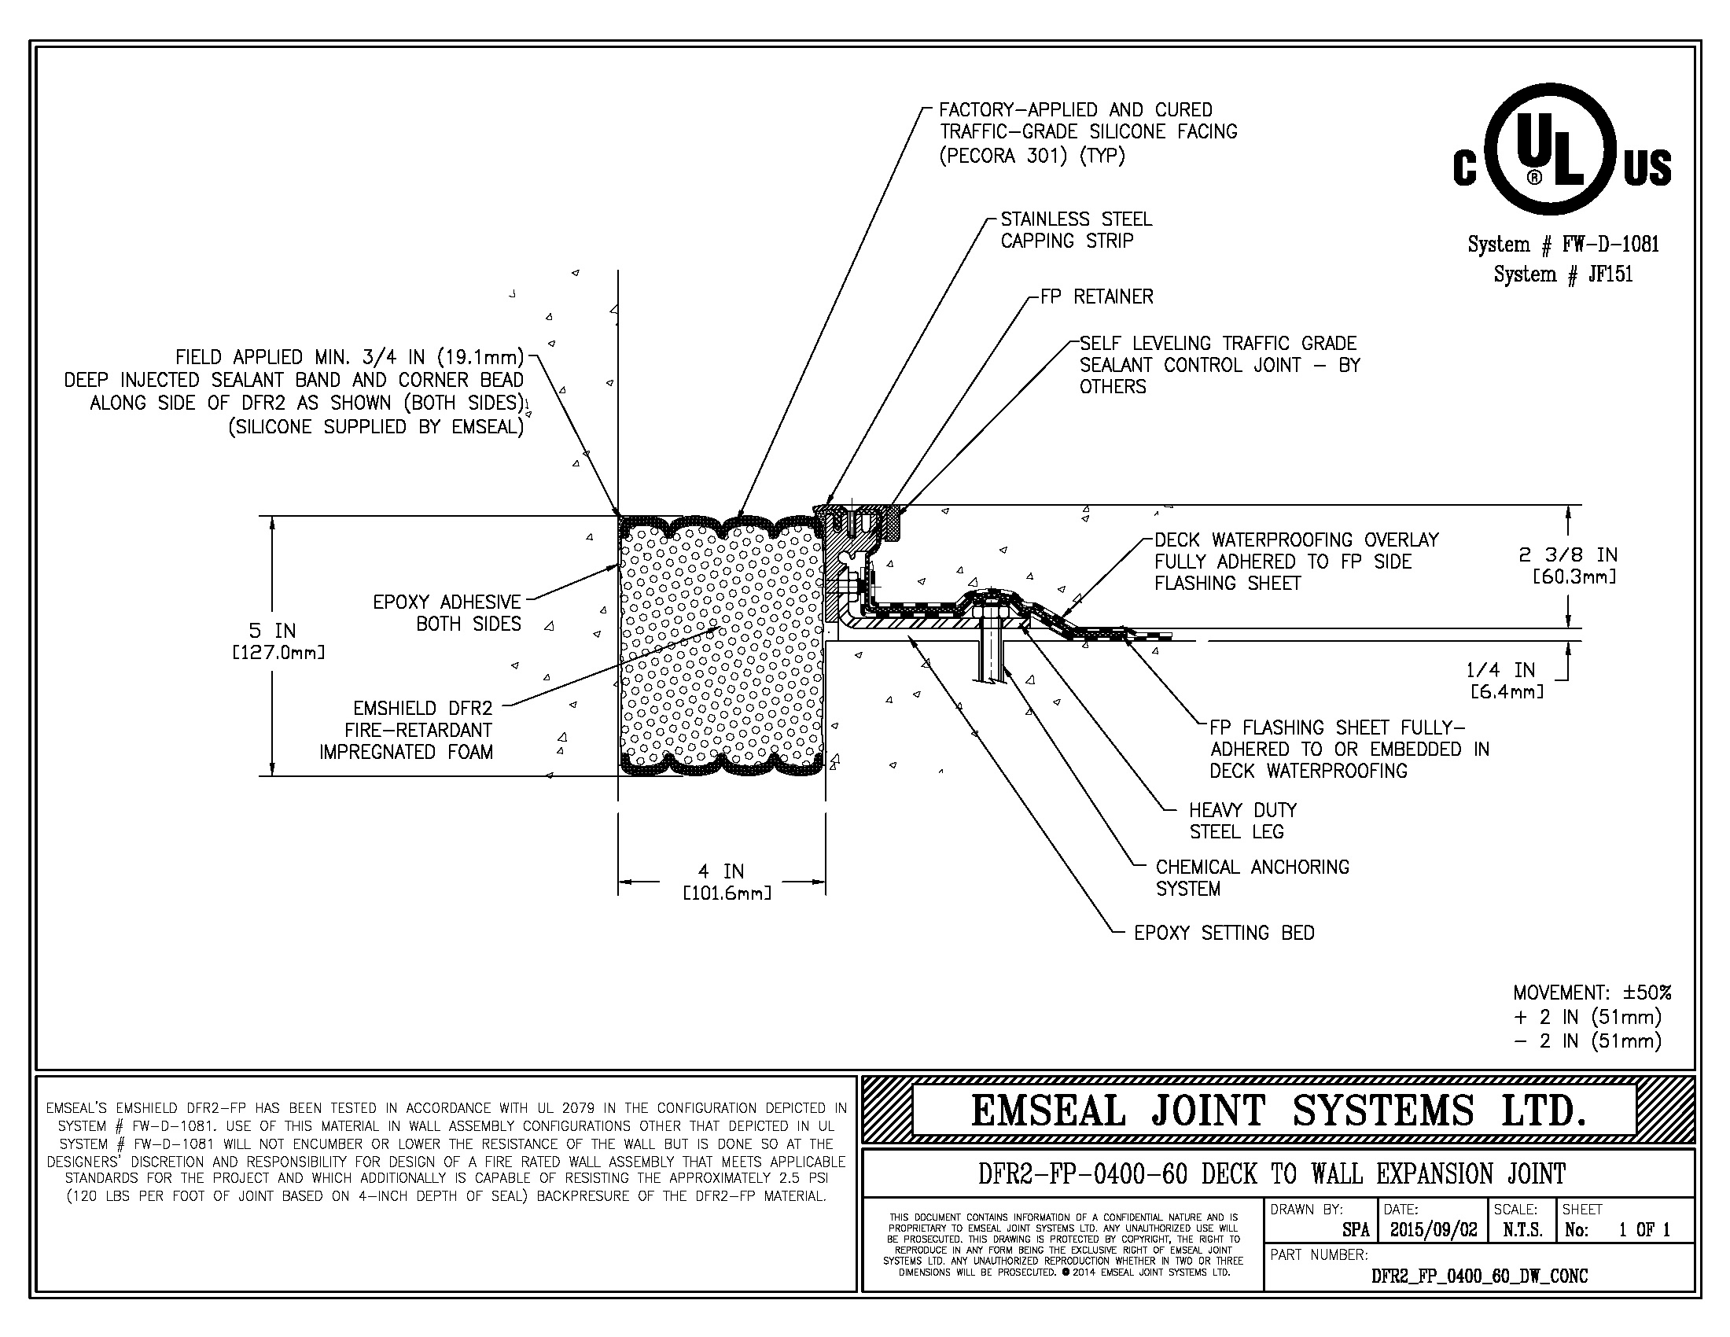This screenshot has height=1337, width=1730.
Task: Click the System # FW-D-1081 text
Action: [x=1563, y=244]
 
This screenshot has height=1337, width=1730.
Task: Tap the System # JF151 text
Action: [x=1563, y=274]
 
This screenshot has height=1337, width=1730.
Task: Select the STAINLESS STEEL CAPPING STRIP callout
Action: [x=1076, y=230]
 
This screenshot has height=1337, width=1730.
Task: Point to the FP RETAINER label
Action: [x=1096, y=297]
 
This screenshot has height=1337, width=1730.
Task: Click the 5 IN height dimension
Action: [x=274, y=640]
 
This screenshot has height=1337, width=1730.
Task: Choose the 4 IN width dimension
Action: [x=723, y=881]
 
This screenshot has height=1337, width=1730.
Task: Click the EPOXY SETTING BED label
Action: [x=1224, y=933]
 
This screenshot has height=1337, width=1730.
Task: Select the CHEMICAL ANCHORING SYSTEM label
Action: [x=1252, y=878]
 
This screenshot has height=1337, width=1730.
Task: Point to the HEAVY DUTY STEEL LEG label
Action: [x=1242, y=820]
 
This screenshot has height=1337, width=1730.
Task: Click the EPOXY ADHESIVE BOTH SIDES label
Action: [x=447, y=613]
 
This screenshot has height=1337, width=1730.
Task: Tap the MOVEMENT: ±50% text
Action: [x=1592, y=993]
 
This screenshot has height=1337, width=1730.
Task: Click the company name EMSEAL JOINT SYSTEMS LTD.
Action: [x=1279, y=1110]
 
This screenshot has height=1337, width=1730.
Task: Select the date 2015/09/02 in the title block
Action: [x=1433, y=1230]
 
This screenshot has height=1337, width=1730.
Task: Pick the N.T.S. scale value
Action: [x=1522, y=1230]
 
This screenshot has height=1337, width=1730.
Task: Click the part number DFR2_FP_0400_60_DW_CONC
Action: [x=1479, y=1276]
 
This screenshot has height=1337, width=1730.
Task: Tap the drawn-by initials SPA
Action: [x=1356, y=1230]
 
